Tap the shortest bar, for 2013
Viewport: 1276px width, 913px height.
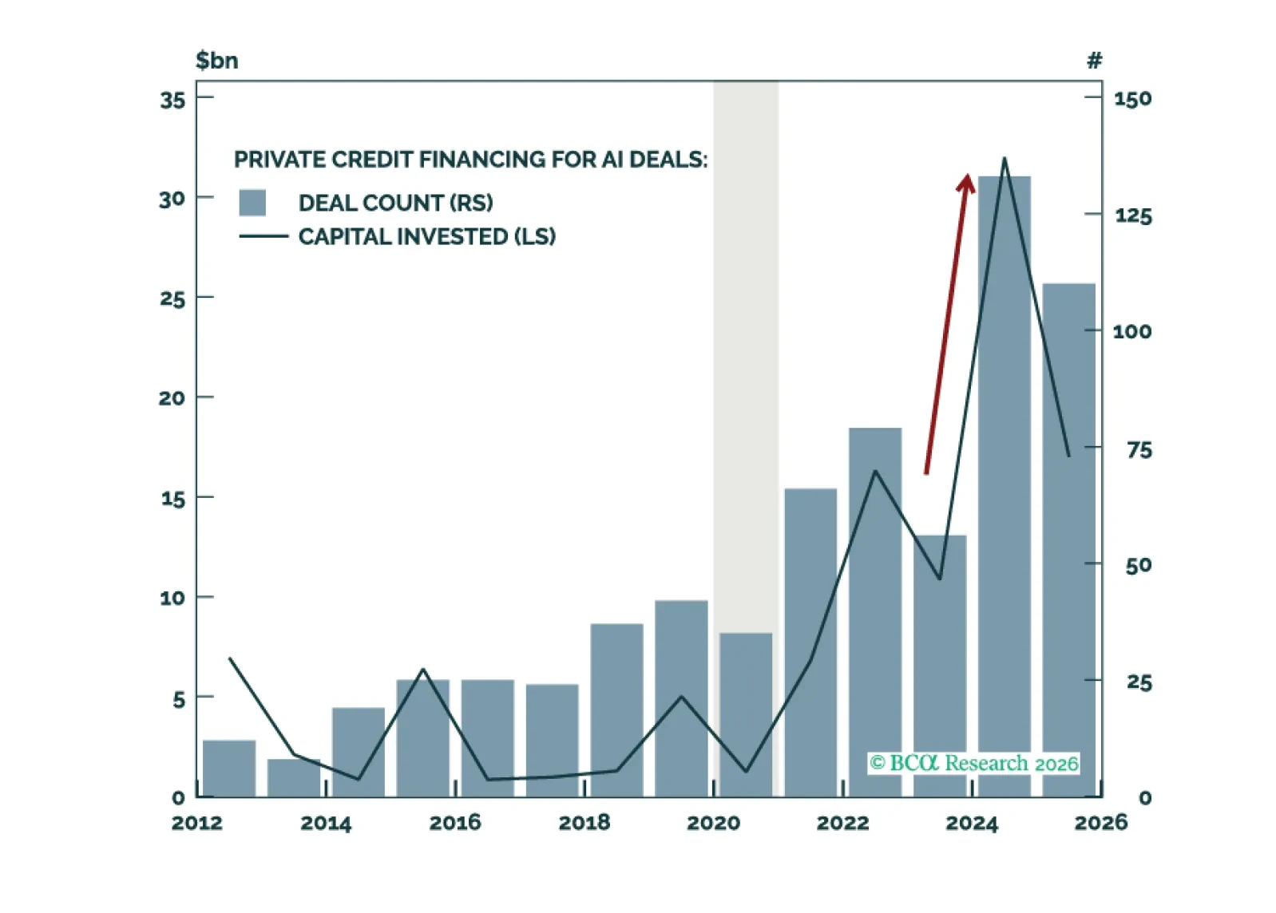point(293,777)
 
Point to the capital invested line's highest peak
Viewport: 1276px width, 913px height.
point(1004,160)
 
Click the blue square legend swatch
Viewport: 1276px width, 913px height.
point(252,203)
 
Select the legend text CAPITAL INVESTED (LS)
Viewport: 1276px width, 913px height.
point(426,236)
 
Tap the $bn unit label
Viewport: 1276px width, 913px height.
point(216,61)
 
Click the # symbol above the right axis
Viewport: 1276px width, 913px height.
point(1094,61)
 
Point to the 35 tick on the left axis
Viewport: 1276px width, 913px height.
point(172,100)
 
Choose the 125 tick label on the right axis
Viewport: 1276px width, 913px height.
point(1133,215)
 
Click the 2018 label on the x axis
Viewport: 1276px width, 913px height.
point(584,823)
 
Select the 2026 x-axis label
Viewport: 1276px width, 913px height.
point(1100,823)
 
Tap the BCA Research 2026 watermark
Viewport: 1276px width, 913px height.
point(973,763)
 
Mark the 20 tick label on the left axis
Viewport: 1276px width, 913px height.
point(172,397)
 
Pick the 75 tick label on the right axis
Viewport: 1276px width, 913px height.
point(1139,450)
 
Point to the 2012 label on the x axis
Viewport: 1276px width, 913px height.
point(197,823)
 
